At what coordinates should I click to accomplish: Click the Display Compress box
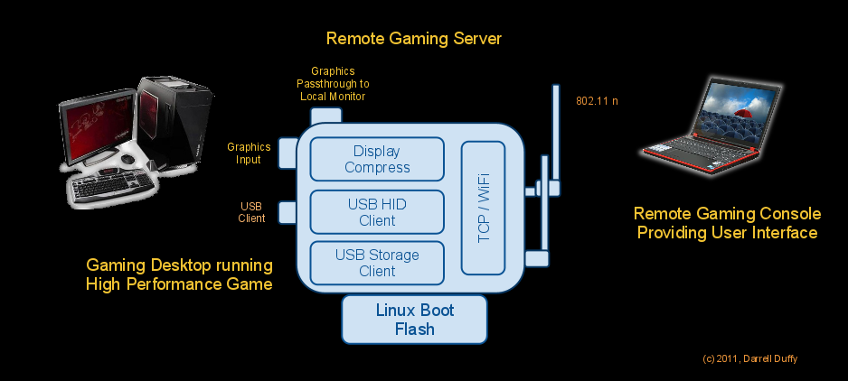377,159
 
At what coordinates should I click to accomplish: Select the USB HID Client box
377,212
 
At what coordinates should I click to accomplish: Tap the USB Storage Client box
377,263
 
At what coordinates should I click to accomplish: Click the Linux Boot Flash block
415,320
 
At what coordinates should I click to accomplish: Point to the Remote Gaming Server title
413,39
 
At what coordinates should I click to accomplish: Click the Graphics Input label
249,153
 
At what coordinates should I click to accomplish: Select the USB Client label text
251,212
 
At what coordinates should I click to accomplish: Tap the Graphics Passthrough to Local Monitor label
333,83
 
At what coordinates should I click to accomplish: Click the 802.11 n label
597,101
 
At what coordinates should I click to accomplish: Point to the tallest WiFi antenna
555,135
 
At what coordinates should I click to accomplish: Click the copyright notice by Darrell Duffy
749,358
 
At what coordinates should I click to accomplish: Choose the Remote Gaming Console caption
727,223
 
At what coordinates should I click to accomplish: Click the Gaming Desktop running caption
179,274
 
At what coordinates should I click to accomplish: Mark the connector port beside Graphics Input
287,153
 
